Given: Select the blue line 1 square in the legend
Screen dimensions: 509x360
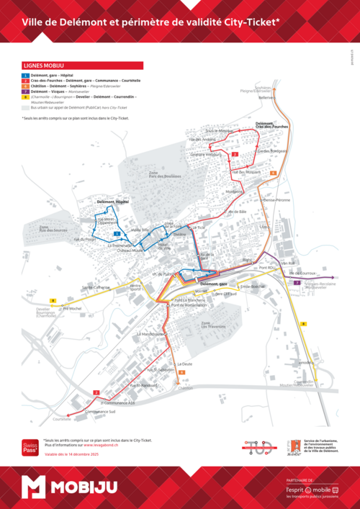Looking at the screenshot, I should coord(25,76).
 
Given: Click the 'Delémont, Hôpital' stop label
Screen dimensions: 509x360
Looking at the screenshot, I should coord(112,202).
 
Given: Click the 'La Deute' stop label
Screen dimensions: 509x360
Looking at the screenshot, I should coord(186,364).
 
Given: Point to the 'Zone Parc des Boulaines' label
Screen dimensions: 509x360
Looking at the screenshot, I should coord(159,175).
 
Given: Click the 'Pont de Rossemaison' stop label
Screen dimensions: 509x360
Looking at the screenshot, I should coord(189,305).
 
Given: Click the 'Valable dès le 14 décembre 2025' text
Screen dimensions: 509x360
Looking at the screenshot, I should coord(73,455).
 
